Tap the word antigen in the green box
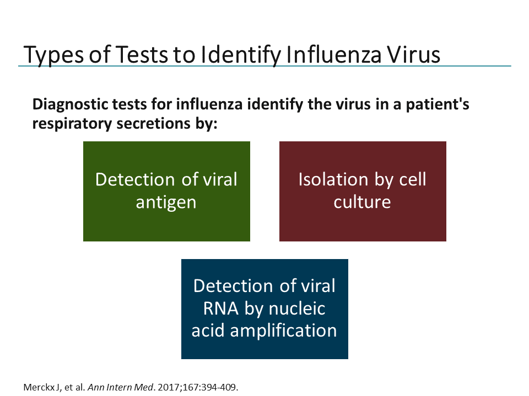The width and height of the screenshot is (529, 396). (166, 202)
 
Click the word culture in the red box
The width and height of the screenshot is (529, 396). (363, 202)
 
